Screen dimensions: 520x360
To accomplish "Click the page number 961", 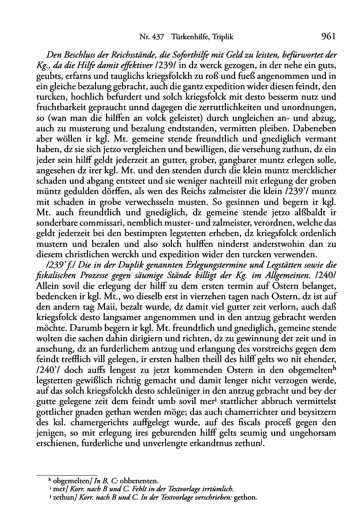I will click(328, 37).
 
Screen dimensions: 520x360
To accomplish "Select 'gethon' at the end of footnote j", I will click(247, 498).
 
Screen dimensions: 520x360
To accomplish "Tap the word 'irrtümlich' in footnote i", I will click(218, 489).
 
